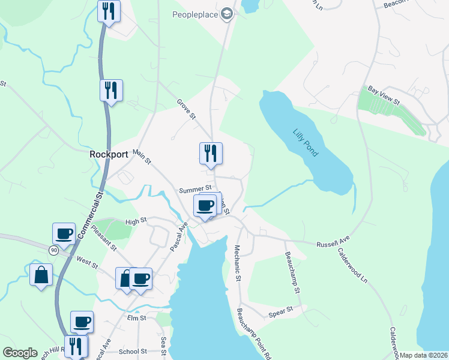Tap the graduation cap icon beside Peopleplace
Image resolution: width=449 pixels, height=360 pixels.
pyautogui.click(x=227, y=14)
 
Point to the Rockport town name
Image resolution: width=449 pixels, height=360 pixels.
pyautogui.click(x=109, y=154)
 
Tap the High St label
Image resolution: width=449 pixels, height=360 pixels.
pyautogui.click(x=136, y=221)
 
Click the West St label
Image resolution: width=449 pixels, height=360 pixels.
pyautogui.click(x=88, y=262)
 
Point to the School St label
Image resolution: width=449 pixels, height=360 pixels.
pyautogui.click(x=133, y=352)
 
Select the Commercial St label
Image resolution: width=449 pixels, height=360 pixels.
pyautogui.click(x=99, y=205)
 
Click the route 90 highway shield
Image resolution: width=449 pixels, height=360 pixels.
pyautogui.click(x=53, y=250)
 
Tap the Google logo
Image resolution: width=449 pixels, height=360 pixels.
pyautogui.click(x=20, y=353)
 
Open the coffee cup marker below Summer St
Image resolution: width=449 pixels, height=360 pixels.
pyautogui.click(x=205, y=206)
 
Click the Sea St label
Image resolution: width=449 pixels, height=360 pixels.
pyautogui.click(x=163, y=347)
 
